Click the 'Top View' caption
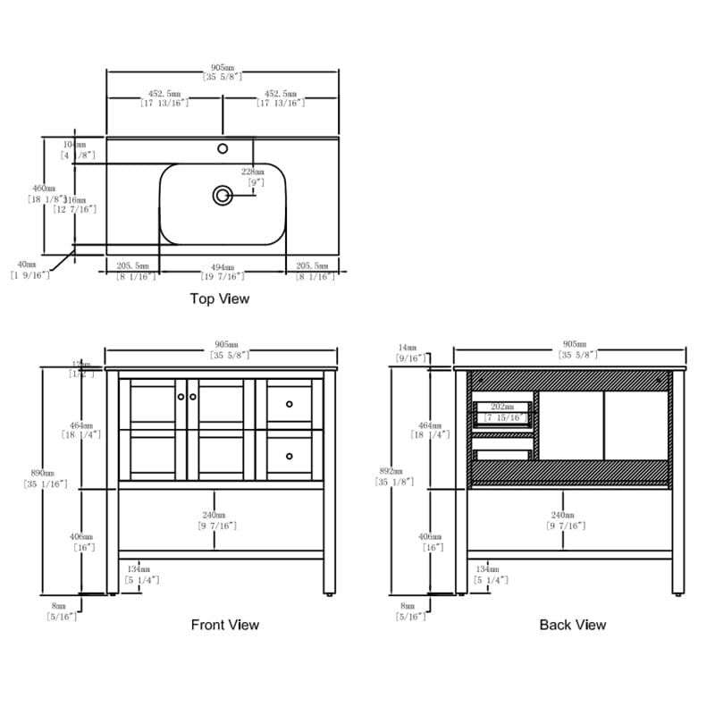[x=220, y=299]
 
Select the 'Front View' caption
[x=225, y=625]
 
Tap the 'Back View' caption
[x=573, y=625]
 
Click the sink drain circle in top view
[x=222, y=194]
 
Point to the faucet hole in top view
[x=223, y=148]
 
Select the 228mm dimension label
[x=253, y=172]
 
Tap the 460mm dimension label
[x=44, y=189]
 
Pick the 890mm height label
[x=42, y=473]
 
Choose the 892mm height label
[x=391, y=471]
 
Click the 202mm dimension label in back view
[x=502, y=407]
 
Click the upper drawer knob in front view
[x=290, y=405]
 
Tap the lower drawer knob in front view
[x=290, y=457]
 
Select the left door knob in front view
[x=181, y=396]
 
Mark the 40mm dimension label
[x=26, y=265]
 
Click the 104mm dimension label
[x=74, y=144]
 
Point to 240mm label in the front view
[x=213, y=516]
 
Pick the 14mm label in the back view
[x=408, y=347]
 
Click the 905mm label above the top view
[x=223, y=68]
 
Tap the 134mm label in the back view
[x=488, y=569]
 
